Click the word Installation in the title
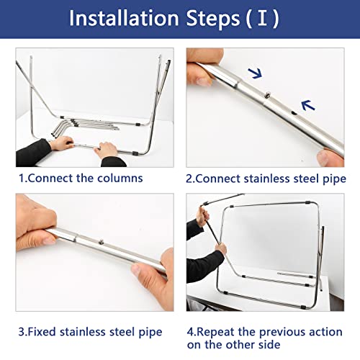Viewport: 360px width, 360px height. [124, 18]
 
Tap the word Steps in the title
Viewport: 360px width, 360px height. [213, 18]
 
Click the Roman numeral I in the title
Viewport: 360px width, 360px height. [262, 18]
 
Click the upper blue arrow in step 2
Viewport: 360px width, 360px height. [255, 73]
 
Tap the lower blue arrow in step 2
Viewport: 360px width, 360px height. [308, 105]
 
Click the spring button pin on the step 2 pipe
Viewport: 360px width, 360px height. [267, 95]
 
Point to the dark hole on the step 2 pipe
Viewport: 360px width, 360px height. [294, 112]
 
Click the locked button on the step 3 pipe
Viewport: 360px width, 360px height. [102, 242]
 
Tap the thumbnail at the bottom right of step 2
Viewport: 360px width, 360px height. [330, 158]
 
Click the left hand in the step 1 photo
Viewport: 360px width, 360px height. [60, 143]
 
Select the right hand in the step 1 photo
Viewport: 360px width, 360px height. [106, 150]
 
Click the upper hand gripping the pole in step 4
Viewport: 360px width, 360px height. [202, 217]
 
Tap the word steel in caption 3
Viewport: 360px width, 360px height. [122, 332]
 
